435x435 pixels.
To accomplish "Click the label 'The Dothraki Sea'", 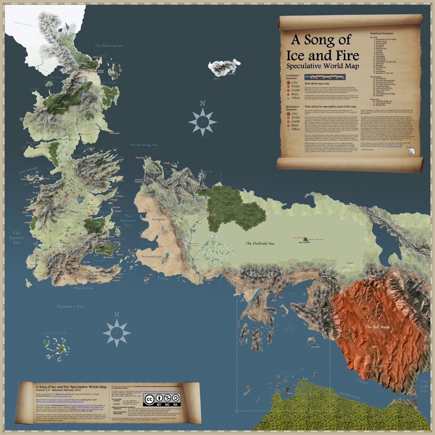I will [x=260, y=243].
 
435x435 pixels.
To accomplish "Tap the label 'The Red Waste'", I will [x=378, y=327].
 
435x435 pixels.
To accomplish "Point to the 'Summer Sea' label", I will [x=70, y=306].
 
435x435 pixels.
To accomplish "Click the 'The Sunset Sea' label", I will [x=17, y=238].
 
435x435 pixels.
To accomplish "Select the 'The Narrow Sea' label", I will [x=128, y=220].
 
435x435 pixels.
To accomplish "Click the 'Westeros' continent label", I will [x=84, y=288].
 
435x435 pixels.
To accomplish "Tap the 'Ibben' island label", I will [x=217, y=79].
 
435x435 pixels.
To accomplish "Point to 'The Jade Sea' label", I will [x=424, y=386].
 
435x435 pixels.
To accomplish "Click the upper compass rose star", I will [x=203, y=122].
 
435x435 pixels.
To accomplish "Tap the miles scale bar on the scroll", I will [x=325, y=77].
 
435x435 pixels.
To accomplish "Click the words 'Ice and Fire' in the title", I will [x=323, y=55].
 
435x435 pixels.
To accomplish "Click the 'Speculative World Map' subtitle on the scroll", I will [x=323, y=66].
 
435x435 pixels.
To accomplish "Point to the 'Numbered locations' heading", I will [x=381, y=33].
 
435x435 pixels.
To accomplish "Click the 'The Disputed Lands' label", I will [x=151, y=257].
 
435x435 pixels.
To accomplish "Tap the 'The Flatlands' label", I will [x=158, y=219].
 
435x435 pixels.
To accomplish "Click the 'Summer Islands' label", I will [x=55, y=333].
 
